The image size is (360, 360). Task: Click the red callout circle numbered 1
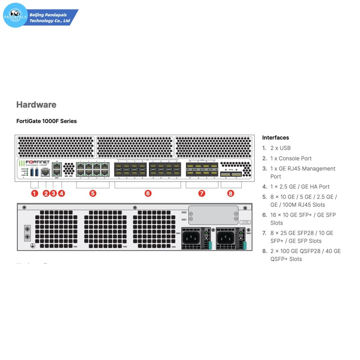[x=35, y=193]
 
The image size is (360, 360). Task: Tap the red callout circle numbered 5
[x=93, y=193]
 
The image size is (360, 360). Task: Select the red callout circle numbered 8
[x=230, y=193]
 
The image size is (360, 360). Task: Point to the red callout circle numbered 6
[x=148, y=193]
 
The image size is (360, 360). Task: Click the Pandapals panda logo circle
[x=15, y=15]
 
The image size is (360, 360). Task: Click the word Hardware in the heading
[x=36, y=105]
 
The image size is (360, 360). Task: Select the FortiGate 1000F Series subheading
[x=46, y=121]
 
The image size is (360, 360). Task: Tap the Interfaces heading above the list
[x=275, y=138]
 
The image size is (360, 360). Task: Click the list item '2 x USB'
[x=280, y=148]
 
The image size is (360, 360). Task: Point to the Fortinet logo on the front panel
[x=38, y=162]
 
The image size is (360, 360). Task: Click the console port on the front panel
[x=45, y=173]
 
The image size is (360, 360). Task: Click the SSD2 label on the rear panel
[x=184, y=212]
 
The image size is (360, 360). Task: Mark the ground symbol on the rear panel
[x=32, y=246]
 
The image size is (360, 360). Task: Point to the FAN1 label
[x=75, y=247]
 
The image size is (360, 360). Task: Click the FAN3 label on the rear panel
[x=173, y=247]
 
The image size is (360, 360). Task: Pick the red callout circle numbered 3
[x=53, y=193]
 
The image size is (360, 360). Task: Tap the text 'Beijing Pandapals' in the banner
[x=48, y=15]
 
